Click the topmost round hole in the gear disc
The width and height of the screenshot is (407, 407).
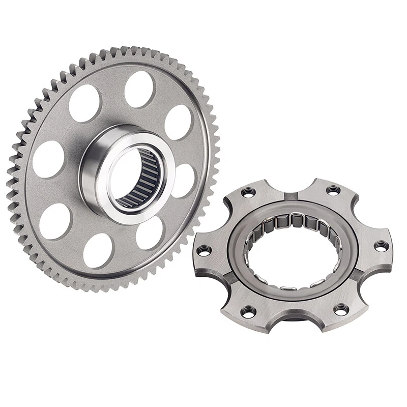139,89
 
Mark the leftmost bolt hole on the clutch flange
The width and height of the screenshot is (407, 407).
203,250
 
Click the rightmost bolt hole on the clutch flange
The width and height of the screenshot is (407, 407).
381,246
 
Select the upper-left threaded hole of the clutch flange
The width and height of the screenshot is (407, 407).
248,192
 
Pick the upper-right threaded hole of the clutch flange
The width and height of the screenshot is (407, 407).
333,190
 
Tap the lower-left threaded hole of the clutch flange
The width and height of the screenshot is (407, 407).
248,310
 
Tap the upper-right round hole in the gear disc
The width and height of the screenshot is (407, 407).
179,122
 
